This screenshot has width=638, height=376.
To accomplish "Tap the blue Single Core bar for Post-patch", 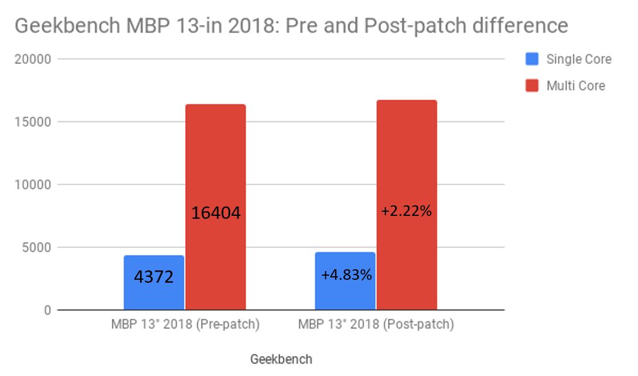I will (345, 293).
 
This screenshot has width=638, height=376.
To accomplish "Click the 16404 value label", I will (216, 213).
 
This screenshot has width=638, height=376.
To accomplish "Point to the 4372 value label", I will (154, 276).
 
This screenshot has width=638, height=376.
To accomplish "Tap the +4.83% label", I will (346, 274).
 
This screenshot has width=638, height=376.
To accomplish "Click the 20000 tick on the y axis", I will (33, 59).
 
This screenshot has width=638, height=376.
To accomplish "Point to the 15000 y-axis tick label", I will (33, 122).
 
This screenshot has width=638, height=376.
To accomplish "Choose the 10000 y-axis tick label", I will (33, 185).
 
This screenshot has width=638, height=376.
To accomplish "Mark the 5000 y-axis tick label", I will (37, 248).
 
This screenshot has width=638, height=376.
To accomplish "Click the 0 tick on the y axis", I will (47, 310).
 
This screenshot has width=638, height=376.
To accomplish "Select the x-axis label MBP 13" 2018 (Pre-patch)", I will (185, 324).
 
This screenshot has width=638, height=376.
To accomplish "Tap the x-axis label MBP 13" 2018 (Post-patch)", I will (376, 324).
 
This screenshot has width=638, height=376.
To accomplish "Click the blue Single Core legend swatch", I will (532, 59).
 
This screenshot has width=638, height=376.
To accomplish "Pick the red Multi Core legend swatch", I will (532, 86).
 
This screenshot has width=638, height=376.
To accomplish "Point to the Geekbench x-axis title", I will (281, 359).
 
